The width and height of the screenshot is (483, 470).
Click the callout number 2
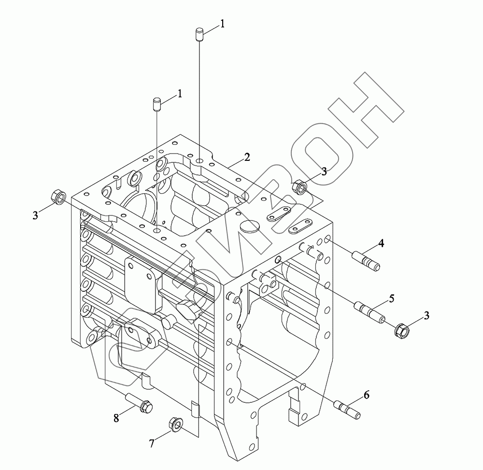tap(247, 157)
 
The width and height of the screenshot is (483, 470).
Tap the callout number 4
tap(381, 243)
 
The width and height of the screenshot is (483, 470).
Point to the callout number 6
tap(366, 395)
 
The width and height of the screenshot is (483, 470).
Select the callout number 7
tap(152, 443)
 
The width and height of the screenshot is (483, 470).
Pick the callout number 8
tap(116, 418)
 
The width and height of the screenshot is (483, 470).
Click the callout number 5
tap(392, 298)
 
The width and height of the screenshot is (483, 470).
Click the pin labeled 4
tap(366, 261)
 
